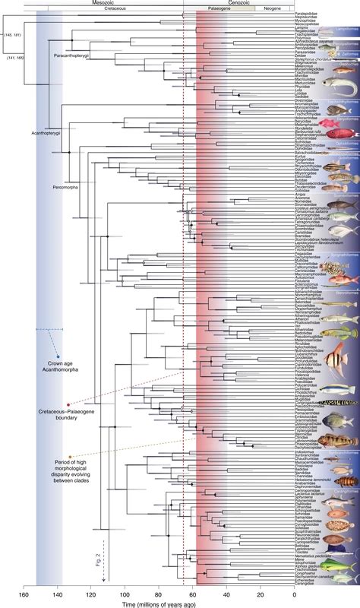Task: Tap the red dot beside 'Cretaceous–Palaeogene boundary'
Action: coord(68,405)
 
